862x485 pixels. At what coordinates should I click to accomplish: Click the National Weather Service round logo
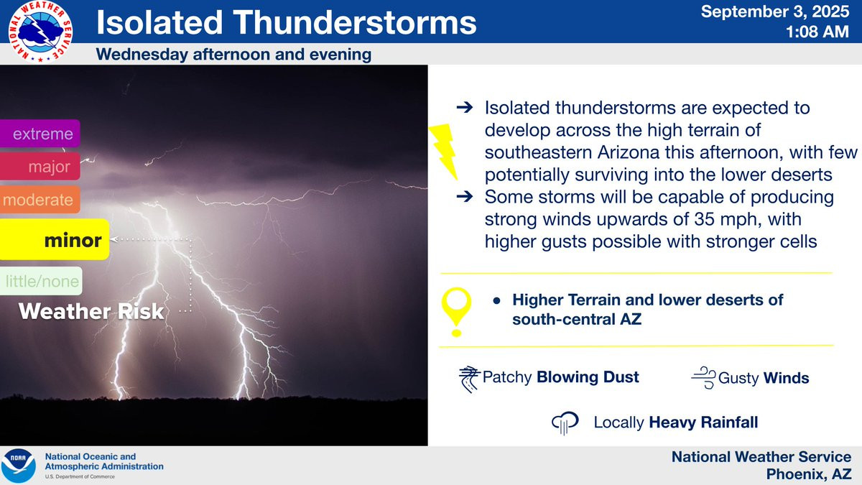[x=40, y=32]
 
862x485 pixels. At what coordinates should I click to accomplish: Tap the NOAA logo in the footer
[x=19, y=466]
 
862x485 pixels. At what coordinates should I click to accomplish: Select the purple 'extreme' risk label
[x=40, y=134]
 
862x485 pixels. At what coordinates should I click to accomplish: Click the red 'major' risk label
[x=40, y=166]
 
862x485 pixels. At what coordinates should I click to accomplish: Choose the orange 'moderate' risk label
[x=40, y=200]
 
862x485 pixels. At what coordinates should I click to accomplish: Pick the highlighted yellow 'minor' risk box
[x=55, y=239]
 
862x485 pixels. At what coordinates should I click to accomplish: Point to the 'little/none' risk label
[x=41, y=281]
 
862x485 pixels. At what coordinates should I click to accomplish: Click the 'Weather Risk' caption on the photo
[x=92, y=311]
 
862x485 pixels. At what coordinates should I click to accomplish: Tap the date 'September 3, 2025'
[x=774, y=11]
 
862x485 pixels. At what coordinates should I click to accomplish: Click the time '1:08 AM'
[x=817, y=32]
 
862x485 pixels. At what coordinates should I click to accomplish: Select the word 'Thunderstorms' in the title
[x=355, y=22]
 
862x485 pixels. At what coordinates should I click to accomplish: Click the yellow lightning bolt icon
[x=443, y=152]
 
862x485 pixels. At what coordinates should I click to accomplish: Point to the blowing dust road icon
[x=470, y=379]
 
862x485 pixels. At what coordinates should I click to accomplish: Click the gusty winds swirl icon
[x=704, y=378]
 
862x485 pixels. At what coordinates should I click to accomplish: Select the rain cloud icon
[x=565, y=423]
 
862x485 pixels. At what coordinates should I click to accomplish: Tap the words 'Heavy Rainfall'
[x=703, y=422]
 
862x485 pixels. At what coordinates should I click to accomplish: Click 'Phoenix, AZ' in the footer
[x=809, y=474]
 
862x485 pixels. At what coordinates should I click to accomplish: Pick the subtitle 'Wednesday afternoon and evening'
[x=233, y=55]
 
